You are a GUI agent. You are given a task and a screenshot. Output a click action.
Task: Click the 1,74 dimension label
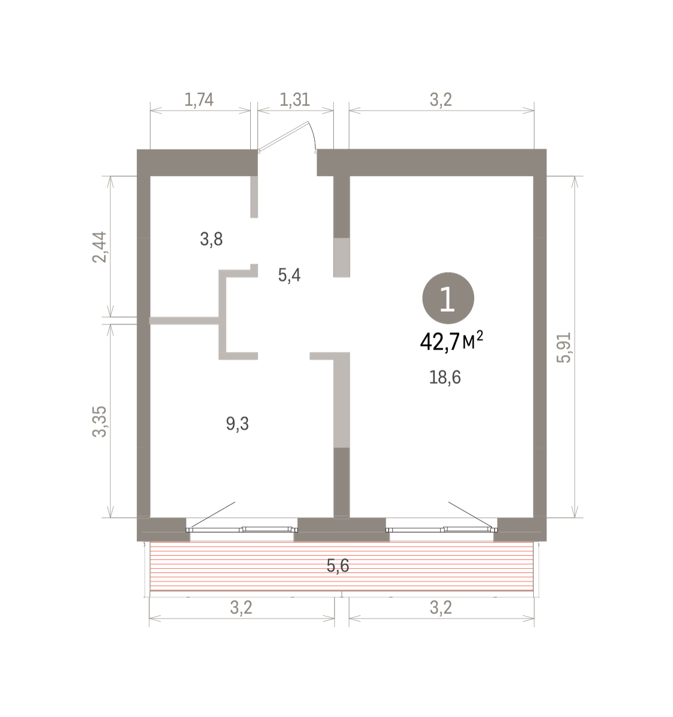click(199, 100)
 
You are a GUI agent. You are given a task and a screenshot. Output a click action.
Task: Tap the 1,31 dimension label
click(295, 100)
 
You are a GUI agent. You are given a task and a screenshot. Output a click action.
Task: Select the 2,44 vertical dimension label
click(100, 247)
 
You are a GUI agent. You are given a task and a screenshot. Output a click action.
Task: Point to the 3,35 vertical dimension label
click(100, 422)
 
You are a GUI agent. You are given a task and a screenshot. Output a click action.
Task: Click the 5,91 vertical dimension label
click(564, 347)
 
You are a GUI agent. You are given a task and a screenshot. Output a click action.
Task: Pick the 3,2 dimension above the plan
click(441, 100)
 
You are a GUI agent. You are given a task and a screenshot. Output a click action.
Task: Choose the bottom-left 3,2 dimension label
click(241, 608)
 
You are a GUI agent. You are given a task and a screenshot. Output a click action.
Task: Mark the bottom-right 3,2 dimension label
click(441, 608)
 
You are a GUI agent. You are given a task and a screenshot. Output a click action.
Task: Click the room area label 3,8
click(211, 239)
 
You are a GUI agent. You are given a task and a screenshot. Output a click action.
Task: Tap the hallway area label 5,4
click(290, 275)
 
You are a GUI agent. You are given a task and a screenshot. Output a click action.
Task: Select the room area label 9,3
click(238, 424)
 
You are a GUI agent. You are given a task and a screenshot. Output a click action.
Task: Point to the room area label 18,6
click(445, 378)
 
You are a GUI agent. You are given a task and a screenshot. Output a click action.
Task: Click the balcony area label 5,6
click(338, 566)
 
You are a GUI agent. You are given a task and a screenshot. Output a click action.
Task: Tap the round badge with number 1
click(448, 298)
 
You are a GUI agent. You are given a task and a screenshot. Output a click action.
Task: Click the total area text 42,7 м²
click(451, 341)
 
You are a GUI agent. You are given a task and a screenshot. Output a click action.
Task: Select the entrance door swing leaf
click(284, 136)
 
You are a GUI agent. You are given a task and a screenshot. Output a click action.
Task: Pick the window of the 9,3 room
click(242, 529)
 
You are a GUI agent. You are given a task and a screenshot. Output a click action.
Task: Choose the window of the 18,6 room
click(441, 529)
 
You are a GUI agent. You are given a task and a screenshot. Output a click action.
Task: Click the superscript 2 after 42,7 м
click(480, 335)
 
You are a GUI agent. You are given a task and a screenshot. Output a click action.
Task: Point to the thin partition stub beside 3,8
click(254, 197)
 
